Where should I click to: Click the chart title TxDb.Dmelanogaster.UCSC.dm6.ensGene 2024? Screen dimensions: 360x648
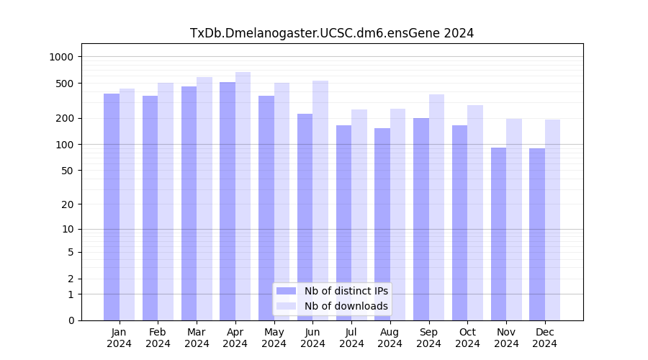[x=332, y=33]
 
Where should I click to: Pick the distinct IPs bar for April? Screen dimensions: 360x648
[x=228, y=201]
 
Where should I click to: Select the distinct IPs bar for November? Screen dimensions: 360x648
[x=498, y=234]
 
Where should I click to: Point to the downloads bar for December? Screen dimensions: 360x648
[x=553, y=220]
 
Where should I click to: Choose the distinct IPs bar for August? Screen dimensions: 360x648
[x=382, y=224]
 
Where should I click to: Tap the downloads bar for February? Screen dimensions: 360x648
[x=166, y=202]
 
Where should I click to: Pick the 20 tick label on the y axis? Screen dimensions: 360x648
[x=67, y=204]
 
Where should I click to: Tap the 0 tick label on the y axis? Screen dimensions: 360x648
[x=70, y=320]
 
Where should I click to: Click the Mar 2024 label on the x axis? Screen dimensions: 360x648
[x=197, y=338]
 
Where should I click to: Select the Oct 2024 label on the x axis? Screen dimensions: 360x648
[x=467, y=338]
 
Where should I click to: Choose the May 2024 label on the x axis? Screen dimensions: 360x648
[x=274, y=338]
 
